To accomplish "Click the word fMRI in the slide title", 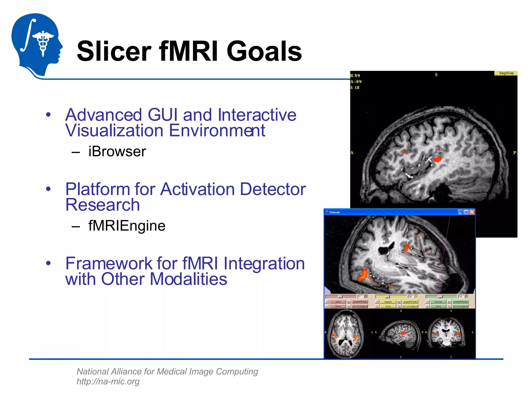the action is (189, 51).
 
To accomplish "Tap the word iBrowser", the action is (117, 151).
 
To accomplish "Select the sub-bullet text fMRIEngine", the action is (127, 225).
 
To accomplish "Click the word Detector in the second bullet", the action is (273, 189).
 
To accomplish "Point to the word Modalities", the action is (188, 279).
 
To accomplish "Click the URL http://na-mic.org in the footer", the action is (108, 381).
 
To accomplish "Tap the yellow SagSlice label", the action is (506, 73).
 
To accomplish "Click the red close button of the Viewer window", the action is (472, 212).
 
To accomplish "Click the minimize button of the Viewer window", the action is (460, 212).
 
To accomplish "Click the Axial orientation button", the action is (338, 302).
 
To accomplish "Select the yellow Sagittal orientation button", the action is (388, 302).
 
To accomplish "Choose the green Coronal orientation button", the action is (438, 302).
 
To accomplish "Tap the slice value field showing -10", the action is (460, 297).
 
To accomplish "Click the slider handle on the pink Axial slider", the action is (340, 297).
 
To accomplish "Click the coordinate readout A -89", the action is (356, 82).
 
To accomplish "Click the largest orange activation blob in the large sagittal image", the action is (438, 159).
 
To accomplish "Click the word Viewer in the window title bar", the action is (335, 212).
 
